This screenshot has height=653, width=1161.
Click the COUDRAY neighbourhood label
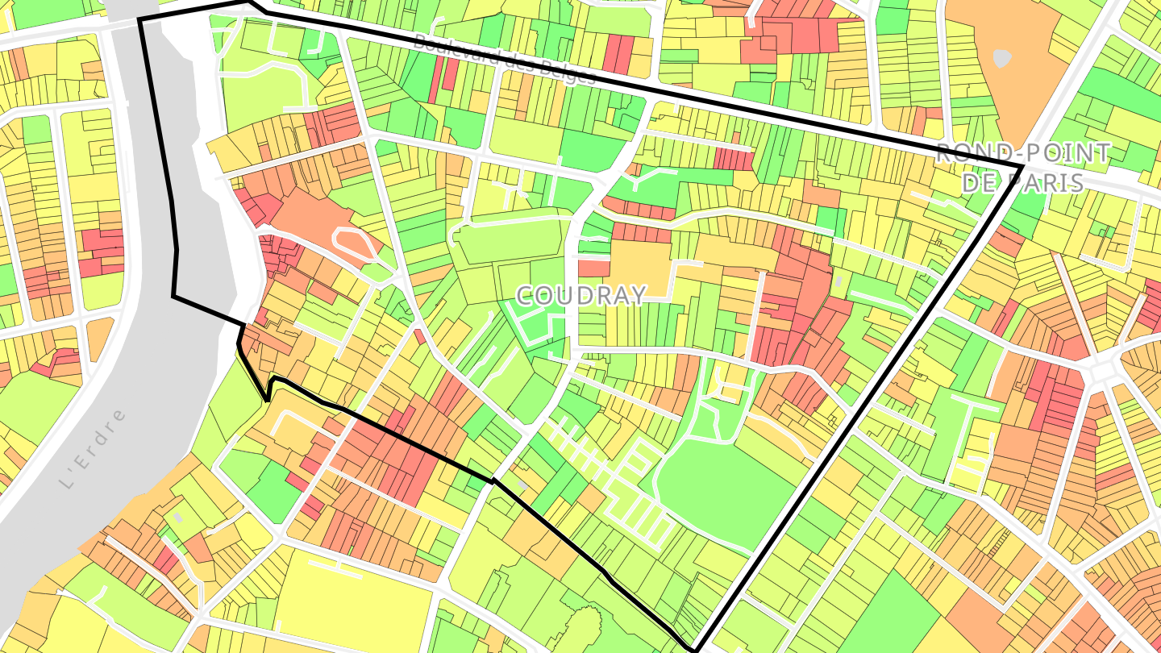pos(580,295)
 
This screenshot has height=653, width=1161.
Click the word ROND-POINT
pos(1022,153)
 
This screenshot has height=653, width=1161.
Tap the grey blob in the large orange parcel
pos(1001,58)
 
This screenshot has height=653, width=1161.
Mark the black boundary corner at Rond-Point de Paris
pos(1022,166)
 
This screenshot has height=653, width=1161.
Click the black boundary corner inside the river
pos(174,297)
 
